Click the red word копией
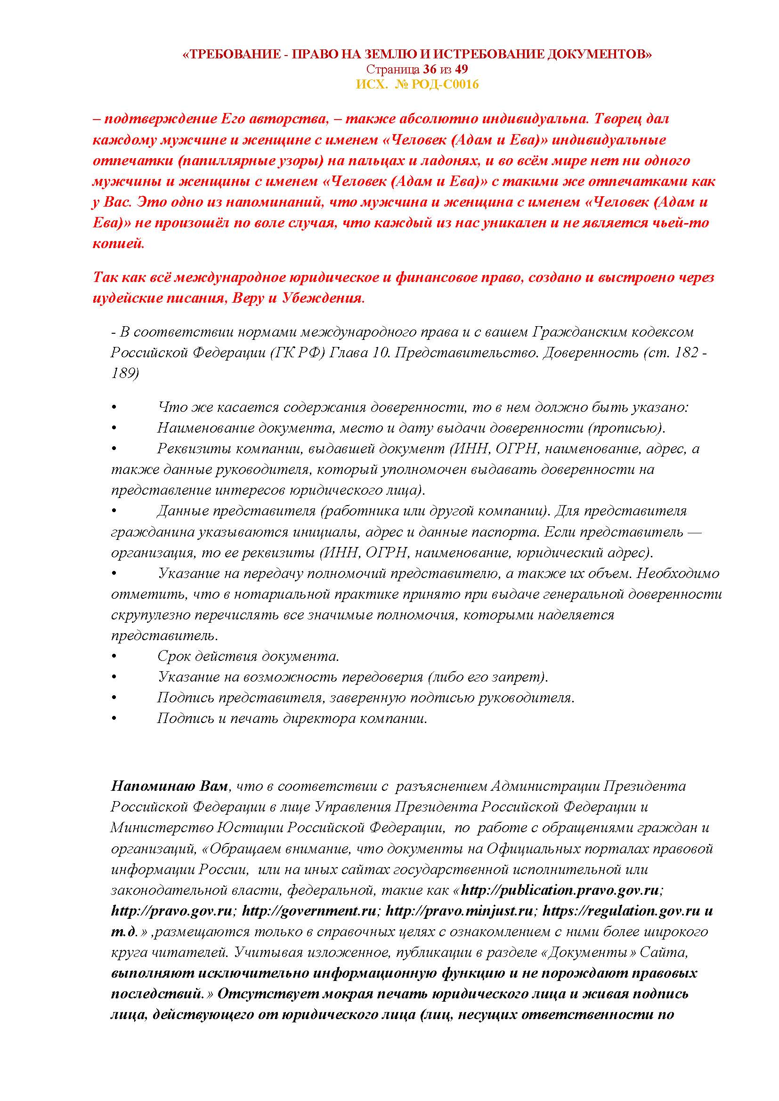tap(118, 244)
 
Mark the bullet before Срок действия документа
tap(114, 657)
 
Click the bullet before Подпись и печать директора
tap(114, 719)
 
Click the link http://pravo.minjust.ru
tap(460, 911)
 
